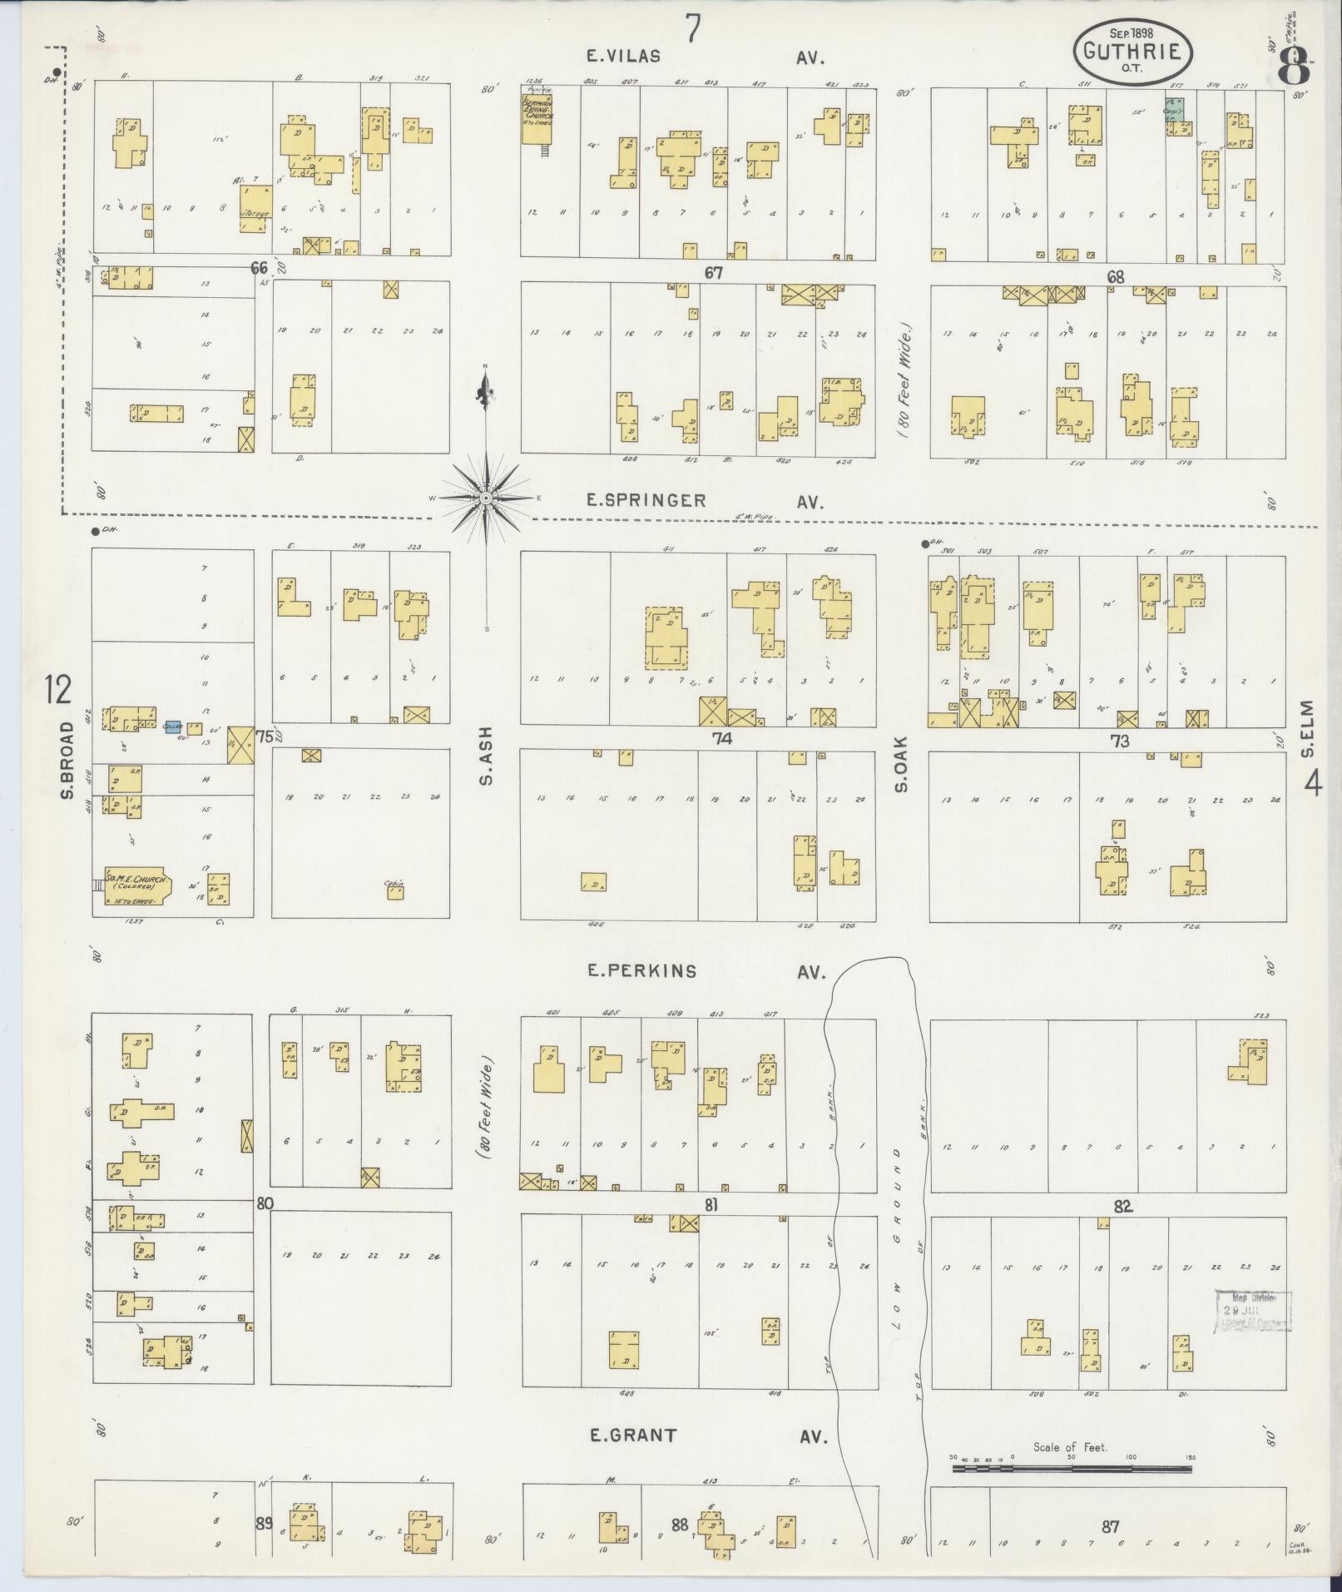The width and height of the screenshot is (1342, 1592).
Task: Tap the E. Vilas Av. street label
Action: pos(622,57)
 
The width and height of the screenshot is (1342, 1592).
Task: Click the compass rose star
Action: pos(485,498)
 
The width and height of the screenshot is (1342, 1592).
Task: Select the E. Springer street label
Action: pos(646,500)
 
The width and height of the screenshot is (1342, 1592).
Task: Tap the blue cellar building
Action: pos(173,727)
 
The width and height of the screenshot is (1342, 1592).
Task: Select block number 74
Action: pos(721,737)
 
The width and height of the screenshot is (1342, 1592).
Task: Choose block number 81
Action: pos(711,1204)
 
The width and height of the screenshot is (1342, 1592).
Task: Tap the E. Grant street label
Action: pos(631,1435)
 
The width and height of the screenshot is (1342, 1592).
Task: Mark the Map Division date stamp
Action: pos(1252,1334)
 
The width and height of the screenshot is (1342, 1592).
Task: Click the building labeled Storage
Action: pos(255,208)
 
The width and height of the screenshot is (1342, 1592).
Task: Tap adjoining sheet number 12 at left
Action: pos(58,689)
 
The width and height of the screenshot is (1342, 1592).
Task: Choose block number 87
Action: pos(1110,1526)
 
